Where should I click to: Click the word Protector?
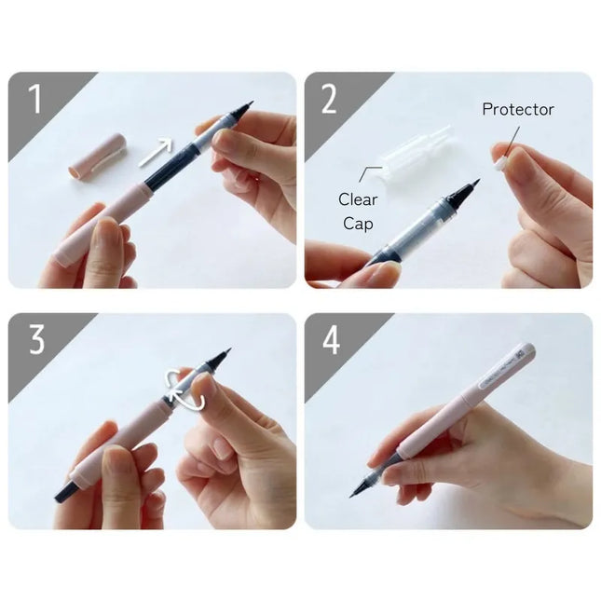pyautogui.click(x=517, y=110)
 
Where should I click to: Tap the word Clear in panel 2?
pyautogui.click(x=358, y=199)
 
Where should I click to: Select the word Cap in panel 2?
pyautogui.click(x=358, y=223)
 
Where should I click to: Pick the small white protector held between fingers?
pyautogui.click(x=500, y=160)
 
